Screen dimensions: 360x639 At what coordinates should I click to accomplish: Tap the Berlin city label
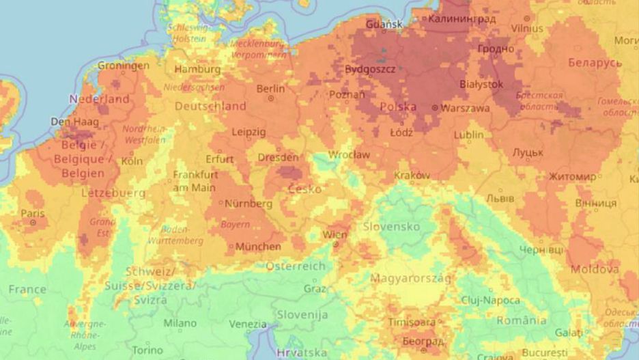coord(270,89)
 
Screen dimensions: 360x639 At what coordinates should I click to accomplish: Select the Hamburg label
coord(197,70)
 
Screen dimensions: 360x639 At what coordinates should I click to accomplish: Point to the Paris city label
coord(32,214)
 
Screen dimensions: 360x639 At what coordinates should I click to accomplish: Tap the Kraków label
coord(412,176)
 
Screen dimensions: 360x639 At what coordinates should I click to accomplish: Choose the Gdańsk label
coord(384,25)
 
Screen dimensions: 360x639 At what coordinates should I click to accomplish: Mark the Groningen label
coord(123,66)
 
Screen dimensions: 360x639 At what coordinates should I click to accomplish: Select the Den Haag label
coord(74,122)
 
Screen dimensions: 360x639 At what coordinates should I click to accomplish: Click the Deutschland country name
coord(210,107)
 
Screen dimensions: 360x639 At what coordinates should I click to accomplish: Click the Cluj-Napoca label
coord(489,301)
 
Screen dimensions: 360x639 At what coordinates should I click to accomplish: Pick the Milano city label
coord(180,323)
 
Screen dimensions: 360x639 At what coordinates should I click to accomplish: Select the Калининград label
coord(461,19)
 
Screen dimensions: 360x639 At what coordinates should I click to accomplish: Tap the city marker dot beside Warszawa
coord(435,108)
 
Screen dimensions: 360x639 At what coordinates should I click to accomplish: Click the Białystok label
coord(481,84)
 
